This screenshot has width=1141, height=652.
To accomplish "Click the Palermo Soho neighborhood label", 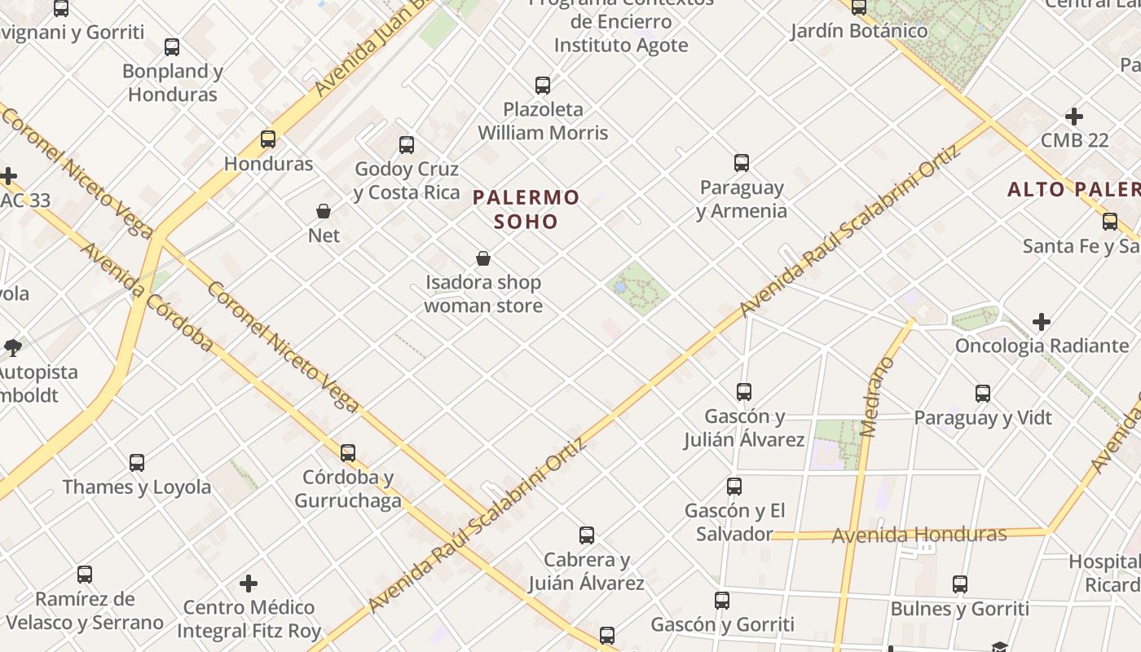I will click(x=526, y=209).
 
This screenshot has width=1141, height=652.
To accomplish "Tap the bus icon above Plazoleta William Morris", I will click(x=543, y=85).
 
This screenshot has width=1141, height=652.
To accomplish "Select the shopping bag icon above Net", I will click(x=324, y=211).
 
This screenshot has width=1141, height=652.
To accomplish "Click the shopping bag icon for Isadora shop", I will click(x=483, y=258).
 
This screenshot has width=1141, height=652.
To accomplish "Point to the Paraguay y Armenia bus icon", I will click(x=742, y=163).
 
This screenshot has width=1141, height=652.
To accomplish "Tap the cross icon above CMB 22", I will click(x=1074, y=117).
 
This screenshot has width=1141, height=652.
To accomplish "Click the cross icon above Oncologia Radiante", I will click(x=1042, y=322).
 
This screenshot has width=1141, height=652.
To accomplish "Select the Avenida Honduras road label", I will click(x=919, y=535).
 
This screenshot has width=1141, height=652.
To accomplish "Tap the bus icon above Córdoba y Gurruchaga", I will click(x=348, y=452).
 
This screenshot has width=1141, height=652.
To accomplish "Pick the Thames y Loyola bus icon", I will click(x=137, y=463).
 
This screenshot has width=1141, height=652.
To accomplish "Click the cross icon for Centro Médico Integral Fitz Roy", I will click(x=249, y=584).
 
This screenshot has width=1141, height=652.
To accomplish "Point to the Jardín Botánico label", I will click(x=859, y=31).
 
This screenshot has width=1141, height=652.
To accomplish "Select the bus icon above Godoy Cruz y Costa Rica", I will click(x=407, y=145).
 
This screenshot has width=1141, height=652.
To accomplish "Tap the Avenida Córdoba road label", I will click(x=147, y=297).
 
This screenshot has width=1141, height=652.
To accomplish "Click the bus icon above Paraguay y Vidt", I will click(x=983, y=394).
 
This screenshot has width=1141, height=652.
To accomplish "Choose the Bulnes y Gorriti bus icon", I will click(x=960, y=584).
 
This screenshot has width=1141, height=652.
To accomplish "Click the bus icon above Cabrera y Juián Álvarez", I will click(x=587, y=535).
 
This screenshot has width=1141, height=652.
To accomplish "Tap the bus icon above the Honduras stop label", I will click(x=268, y=139).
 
